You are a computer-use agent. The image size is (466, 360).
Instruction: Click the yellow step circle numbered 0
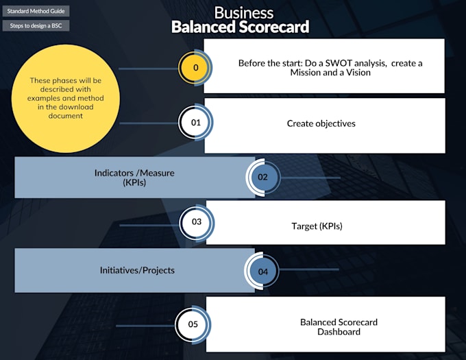(x=195, y=67)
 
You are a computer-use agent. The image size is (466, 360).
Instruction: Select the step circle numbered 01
(x=195, y=123)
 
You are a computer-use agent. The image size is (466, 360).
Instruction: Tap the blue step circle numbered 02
(x=263, y=177)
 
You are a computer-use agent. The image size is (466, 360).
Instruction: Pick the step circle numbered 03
(x=197, y=222)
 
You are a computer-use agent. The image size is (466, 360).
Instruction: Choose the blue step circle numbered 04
(x=263, y=272)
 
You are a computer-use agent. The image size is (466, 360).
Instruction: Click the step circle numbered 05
(x=193, y=324)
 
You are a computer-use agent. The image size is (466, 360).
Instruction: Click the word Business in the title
(x=243, y=13)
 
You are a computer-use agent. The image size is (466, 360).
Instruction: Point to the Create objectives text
(x=321, y=124)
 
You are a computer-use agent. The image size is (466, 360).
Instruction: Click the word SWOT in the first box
(x=335, y=63)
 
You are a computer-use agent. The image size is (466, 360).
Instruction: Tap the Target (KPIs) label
(x=317, y=226)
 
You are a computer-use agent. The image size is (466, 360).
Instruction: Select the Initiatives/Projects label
(x=137, y=270)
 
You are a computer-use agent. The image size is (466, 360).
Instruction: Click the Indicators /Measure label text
(x=134, y=173)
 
